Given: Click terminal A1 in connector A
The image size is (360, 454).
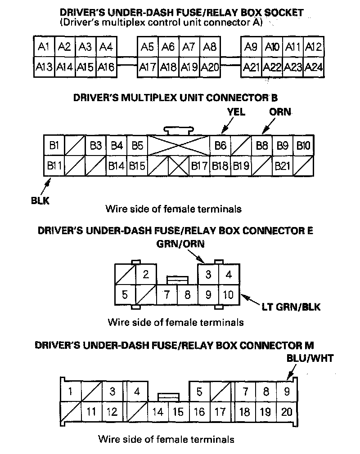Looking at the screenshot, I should point(44,47).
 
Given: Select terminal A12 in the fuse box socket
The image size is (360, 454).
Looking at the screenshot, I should point(314,47).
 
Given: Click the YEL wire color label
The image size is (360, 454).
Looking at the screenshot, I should point(236,112).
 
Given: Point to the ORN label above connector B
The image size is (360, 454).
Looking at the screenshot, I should point(280,112).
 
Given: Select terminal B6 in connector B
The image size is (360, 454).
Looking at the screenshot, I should point(220,146).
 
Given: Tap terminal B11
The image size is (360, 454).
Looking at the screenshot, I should point(54,166).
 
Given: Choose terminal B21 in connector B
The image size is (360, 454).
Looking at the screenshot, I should point(283,166).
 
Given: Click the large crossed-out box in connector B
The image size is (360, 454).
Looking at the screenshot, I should point(179,146).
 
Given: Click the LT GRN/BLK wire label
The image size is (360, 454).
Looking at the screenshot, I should point(291,307).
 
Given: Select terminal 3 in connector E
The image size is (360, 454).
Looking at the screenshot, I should point(208,274).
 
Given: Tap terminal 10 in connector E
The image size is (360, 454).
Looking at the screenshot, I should point(229,295).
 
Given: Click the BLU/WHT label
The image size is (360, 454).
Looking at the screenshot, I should point(310,358).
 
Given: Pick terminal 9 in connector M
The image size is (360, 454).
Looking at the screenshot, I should point(286,392).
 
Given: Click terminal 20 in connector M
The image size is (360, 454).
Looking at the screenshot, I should point(286,412).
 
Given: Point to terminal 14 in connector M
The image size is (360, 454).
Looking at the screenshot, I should point(157,412).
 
